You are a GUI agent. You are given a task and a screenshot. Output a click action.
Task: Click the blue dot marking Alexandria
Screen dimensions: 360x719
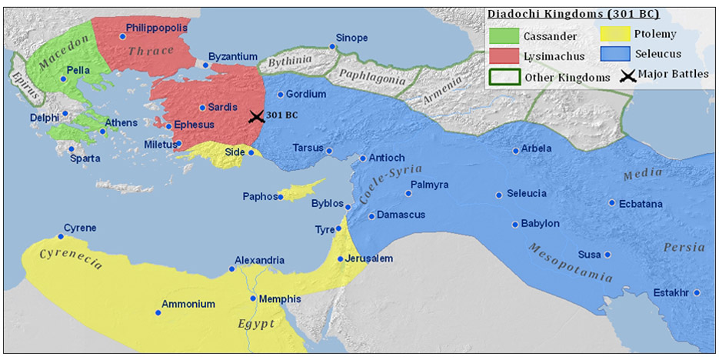point(231,268)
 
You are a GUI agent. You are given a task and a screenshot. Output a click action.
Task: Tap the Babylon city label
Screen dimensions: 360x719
point(540,224)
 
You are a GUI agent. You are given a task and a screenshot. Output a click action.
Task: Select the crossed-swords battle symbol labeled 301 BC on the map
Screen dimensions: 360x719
point(256,116)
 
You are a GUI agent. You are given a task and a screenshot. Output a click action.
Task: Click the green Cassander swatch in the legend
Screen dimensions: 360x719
point(503,35)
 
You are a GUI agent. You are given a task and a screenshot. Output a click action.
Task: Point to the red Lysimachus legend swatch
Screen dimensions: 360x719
point(503,55)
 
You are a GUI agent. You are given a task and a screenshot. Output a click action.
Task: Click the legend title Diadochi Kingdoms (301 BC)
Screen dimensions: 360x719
point(574,14)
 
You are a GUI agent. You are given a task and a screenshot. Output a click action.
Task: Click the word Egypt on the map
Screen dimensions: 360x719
point(256,324)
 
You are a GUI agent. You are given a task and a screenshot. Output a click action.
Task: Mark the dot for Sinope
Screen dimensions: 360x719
point(332,47)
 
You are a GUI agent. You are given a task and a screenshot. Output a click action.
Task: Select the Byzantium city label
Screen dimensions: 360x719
point(233,57)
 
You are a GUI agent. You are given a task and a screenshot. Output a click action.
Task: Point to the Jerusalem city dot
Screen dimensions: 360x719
point(340,258)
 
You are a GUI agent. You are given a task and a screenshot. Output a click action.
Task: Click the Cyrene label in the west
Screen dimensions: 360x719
point(80,228)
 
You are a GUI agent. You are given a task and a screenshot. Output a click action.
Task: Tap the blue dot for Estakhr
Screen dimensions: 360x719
point(696,292)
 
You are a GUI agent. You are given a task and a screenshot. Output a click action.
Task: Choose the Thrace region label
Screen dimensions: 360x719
point(151,51)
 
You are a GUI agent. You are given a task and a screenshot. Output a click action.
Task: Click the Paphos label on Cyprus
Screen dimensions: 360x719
point(260,197)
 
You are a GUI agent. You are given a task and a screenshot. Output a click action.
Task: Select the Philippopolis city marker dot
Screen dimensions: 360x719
point(121,36)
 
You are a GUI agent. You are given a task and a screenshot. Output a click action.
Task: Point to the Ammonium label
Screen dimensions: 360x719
point(188,305)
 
